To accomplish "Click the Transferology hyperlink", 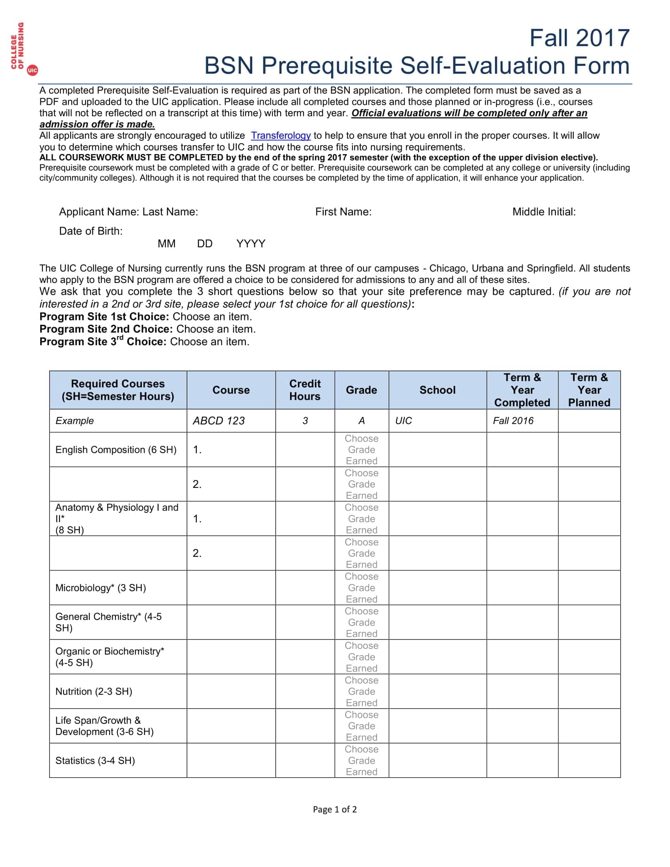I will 281,136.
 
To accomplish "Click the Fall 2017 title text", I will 579,38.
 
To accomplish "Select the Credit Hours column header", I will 304,390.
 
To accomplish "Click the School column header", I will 437,390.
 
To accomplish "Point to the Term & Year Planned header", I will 589,390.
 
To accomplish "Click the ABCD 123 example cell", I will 219,421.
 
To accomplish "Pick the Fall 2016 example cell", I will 513,421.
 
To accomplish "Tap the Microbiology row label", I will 100,588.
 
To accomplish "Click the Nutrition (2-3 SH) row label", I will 94,692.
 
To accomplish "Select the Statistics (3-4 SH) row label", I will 95,761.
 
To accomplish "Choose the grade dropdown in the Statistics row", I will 361,761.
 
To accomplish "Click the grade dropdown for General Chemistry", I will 361,622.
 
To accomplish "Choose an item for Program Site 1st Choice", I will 212,317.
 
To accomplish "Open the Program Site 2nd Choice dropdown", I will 216,329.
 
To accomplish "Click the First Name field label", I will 343,212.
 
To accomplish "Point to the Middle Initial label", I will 544,212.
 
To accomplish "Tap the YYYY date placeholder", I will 250,244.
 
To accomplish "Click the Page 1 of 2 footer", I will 335,809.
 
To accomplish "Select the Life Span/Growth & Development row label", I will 104,726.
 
